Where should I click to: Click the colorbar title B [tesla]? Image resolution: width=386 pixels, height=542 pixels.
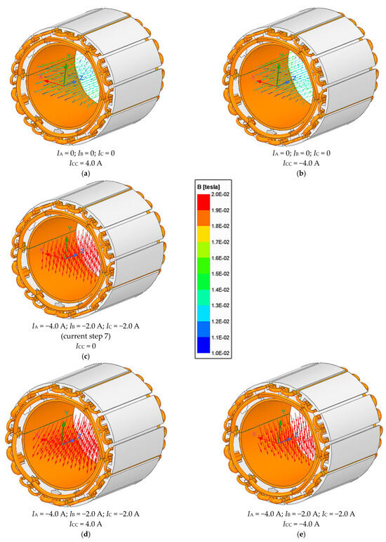(208, 187)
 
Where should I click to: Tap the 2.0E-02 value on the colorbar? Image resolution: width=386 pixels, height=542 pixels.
(221, 195)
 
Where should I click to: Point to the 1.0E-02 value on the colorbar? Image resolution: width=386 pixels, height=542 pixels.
(221, 354)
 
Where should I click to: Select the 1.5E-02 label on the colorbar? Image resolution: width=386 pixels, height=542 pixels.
(221, 273)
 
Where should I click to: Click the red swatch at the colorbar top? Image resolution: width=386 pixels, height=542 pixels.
(204, 202)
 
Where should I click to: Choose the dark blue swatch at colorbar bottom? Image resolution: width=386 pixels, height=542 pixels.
(204, 345)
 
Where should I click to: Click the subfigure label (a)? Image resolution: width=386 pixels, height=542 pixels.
(86, 173)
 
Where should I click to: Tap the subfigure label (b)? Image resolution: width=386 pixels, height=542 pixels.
(302, 173)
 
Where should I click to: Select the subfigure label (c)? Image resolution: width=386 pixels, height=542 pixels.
(86, 356)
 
